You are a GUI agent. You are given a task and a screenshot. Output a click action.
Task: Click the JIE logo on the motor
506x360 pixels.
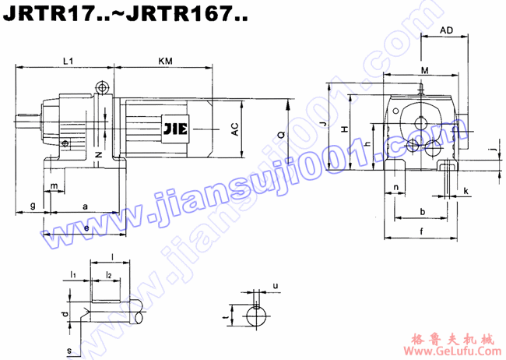tap(175, 129)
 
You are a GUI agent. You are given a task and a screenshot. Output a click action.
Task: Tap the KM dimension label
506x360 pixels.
tap(165, 60)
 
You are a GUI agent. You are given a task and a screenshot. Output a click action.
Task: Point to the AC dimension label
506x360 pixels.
tap(234, 129)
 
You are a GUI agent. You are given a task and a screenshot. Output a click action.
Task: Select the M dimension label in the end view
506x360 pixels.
tap(423, 71)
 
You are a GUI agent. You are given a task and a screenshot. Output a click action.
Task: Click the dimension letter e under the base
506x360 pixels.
tap(86, 227)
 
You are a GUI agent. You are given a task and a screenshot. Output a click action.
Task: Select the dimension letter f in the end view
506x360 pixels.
tap(421, 231)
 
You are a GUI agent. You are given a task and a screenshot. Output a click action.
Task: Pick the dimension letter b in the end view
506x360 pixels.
tap(422, 211)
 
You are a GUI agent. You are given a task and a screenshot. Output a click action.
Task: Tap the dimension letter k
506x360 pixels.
tap(466, 191)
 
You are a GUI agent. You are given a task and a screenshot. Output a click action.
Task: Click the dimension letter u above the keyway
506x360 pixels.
tap(276, 286)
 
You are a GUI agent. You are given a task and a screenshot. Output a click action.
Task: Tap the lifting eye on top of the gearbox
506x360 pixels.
tap(101, 87)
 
